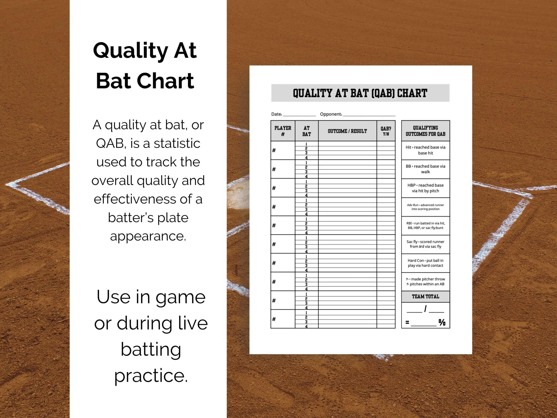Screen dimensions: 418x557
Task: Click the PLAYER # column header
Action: point(283,131)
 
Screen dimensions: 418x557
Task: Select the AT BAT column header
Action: point(306,131)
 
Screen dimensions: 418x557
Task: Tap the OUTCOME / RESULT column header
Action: point(347,131)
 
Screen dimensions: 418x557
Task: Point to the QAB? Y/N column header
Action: point(386,131)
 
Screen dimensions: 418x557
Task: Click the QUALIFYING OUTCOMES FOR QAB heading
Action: point(425,131)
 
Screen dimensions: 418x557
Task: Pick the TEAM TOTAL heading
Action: point(425,297)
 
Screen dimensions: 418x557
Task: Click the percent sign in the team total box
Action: point(442,322)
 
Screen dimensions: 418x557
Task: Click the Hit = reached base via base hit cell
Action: point(425,150)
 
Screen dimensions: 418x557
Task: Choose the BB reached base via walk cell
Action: point(425,169)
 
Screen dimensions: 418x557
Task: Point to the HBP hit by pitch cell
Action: point(425,188)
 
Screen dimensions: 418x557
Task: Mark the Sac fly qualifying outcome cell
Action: point(425,244)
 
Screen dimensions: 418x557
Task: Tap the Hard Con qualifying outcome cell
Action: point(425,263)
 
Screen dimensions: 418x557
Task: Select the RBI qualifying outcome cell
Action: point(425,226)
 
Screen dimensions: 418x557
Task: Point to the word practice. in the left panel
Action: point(151,375)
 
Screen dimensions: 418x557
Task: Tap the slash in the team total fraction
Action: point(425,309)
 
